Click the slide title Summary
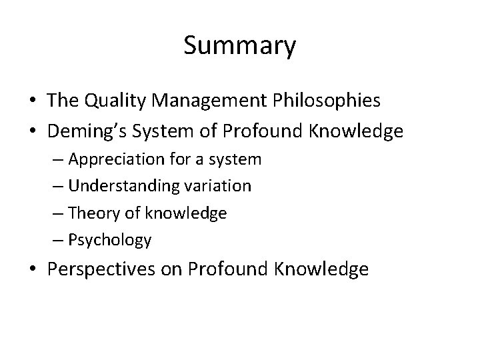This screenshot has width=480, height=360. click(239, 46)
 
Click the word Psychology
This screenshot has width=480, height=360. click(110, 240)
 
